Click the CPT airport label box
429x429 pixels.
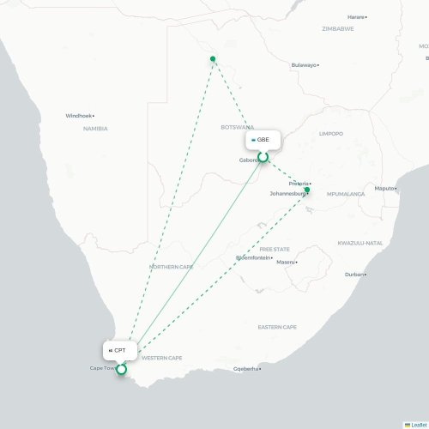pyautogui.click(x=119, y=351)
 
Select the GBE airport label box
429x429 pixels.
pyautogui.click(x=262, y=138)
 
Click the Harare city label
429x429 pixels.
pyautogui.click(x=355, y=16)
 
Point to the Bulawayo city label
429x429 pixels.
pyautogui.click(x=305, y=65)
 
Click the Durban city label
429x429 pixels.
pyautogui.click(x=353, y=275)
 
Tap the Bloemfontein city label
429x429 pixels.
pyautogui.click(x=253, y=257)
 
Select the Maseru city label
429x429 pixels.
pyautogui.click(x=286, y=262)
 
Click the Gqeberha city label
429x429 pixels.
pyautogui.click(x=245, y=369)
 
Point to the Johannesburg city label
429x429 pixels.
pyautogui.click(x=287, y=194)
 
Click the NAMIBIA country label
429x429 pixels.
pyautogui.click(x=95, y=129)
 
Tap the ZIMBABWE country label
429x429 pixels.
pyautogui.click(x=338, y=28)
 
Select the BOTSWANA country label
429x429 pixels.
pyautogui.click(x=236, y=127)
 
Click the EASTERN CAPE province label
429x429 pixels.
pyautogui.click(x=277, y=327)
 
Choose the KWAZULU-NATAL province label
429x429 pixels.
pyautogui.click(x=360, y=243)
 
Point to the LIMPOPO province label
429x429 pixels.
pyautogui.click(x=330, y=134)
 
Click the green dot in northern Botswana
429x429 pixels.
pyautogui.click(x=213, y=59)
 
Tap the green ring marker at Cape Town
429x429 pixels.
pyautogui.click(x=121, y=370)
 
